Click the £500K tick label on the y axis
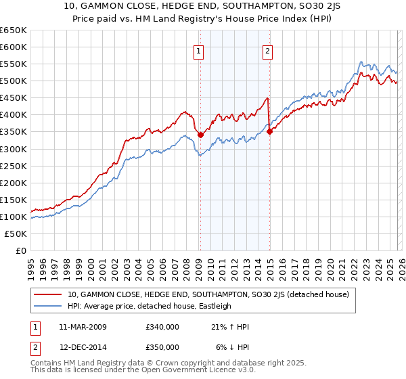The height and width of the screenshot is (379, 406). coord(14,81)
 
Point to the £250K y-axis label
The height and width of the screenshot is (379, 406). coord(14,166)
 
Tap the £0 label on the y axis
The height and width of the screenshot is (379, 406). coord(20,250)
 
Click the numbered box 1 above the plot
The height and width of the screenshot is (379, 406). coord(199,51)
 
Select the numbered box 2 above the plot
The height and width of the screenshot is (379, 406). coord(268,51)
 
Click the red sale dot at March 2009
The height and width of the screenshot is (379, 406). coord(200,135)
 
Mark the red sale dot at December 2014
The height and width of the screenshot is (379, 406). coord(269,131)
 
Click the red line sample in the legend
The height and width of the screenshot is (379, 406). coord(49,294)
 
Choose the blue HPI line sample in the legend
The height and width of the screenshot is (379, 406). coord(49,306)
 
